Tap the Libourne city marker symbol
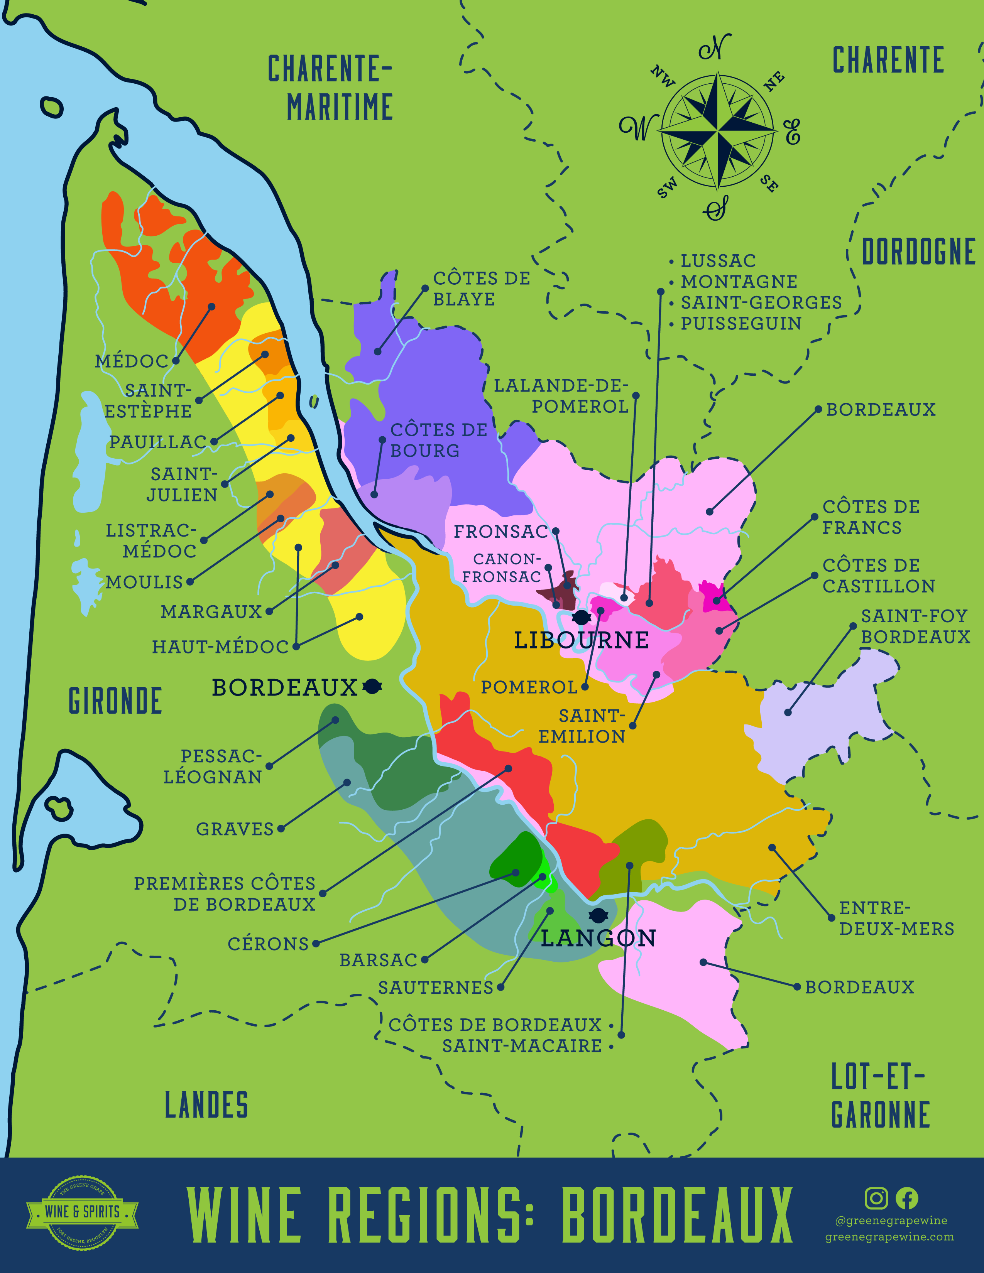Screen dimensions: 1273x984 (x=581, y=617)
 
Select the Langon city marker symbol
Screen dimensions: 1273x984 (x=599, y=915)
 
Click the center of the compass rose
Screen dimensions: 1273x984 (x=718, y=130)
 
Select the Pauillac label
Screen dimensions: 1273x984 (x=158, y=442)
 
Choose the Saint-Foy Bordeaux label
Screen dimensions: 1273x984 (x=915, y=626)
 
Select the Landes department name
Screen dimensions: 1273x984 (x=206, y=1106)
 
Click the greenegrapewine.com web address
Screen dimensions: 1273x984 (x=889, y=1237)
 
